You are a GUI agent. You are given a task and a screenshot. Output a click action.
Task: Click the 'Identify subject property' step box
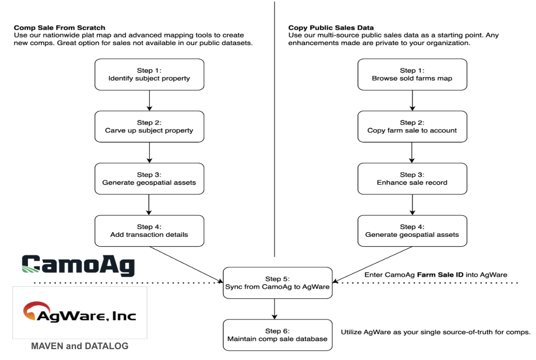(x=149, y=74)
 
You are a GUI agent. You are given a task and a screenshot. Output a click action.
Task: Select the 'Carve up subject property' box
(x=149, y=127)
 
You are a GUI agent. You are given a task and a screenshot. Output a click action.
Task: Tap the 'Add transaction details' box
(x=149, y=231)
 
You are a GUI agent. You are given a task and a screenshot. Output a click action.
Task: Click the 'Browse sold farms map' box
(x=412, y=74)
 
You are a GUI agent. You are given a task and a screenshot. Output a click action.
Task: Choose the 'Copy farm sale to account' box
(x=412, y=127)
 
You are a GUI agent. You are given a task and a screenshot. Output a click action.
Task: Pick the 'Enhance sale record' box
(x=412, y=178)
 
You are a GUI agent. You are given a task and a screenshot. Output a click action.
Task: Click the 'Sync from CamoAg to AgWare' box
(x=278, y=283)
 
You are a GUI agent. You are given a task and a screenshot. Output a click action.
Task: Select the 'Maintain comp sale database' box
(x=278, y=335)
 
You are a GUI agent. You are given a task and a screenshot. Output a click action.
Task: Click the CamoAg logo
(x=78, y=265)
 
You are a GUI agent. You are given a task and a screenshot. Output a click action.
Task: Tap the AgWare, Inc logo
(x=80, y=312)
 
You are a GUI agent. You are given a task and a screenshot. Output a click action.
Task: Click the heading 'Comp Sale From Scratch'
(x=59, y=28)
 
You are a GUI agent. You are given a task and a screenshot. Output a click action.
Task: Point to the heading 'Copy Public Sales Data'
(x=331, y=28)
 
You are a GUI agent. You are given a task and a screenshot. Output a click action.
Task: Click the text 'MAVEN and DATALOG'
(x=80, y=346)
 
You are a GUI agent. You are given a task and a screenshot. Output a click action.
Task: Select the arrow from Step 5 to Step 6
(x=274, y=309)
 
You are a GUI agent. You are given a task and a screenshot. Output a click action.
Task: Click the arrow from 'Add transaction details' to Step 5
(x=186, y=265)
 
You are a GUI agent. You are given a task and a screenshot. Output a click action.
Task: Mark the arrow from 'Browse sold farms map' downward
(x=412, y=101)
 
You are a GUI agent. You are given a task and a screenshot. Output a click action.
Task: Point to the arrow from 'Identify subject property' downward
(x=149, y=101)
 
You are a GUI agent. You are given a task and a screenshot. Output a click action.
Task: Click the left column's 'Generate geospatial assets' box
(x=149, y=178)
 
